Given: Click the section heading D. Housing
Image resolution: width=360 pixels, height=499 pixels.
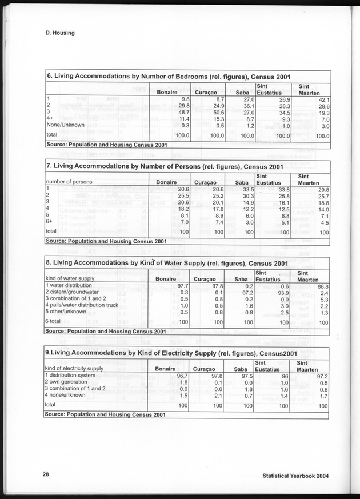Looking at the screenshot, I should coord(60,33).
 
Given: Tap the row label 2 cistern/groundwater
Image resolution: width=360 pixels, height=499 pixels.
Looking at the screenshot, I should coord(73,292).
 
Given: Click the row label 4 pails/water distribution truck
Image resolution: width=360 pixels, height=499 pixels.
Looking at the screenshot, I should coord(86,306).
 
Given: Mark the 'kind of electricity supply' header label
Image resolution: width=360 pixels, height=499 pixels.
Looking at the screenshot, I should coord(74,369).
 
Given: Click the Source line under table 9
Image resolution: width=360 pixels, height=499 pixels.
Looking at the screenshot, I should coord(106,414).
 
